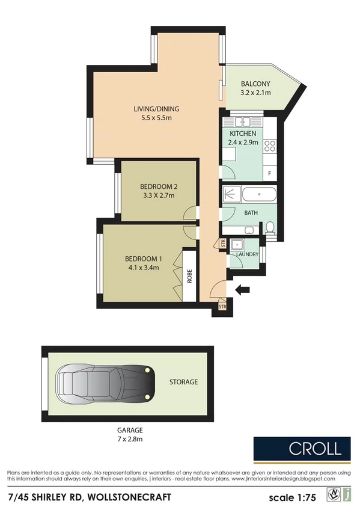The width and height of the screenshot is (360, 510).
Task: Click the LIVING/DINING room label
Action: [156, 109]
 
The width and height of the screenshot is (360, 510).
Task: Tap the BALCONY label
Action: [255, 84]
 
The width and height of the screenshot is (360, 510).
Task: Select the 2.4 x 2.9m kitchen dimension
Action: [242, 143]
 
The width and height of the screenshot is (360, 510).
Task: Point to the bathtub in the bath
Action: [258, 195]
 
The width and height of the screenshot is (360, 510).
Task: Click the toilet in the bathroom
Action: [270, 227]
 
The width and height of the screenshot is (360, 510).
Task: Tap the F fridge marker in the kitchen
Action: [270, 173]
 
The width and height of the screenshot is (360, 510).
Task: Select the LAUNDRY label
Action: [248, 254]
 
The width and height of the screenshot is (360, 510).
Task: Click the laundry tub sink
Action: [239, 244]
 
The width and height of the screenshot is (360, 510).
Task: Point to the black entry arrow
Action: [242, 290]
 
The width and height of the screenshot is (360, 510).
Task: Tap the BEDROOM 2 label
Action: [158, 186]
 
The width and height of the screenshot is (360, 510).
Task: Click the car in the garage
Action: [103, 382]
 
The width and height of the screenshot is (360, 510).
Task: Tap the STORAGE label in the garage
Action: [183, 382]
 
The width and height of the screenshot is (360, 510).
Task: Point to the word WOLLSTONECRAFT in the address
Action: [130, 497]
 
